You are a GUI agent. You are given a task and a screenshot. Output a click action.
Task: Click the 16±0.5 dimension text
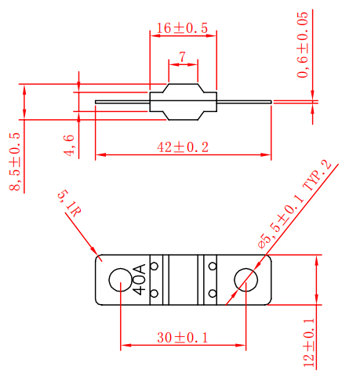tap(181, 28)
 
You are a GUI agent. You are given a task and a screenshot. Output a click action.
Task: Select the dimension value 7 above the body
tap(182, 58)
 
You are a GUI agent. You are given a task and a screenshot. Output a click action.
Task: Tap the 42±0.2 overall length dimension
tap(183, 147)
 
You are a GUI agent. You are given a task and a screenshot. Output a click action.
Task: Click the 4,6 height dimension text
tap(69, 146)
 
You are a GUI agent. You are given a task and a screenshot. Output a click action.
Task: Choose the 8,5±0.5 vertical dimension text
tap(15, 161)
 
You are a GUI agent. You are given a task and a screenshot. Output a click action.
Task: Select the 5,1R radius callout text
tap(68, 202)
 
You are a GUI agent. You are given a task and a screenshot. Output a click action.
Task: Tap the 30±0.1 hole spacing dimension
tap(183, 338)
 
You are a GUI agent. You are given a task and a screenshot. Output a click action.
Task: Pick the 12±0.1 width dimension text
tap(308, 342)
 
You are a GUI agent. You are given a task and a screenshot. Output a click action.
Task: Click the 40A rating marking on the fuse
tap(140, 280)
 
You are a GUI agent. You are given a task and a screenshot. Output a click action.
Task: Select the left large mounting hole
tap(121, 280)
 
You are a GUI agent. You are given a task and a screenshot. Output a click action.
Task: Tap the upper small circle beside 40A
tap(155, 266)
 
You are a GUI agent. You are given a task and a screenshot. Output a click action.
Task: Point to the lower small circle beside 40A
tap(155, 294)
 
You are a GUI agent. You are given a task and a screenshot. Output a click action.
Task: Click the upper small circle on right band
tap(212, 266)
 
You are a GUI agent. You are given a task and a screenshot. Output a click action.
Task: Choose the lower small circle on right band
tap(212, 294)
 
